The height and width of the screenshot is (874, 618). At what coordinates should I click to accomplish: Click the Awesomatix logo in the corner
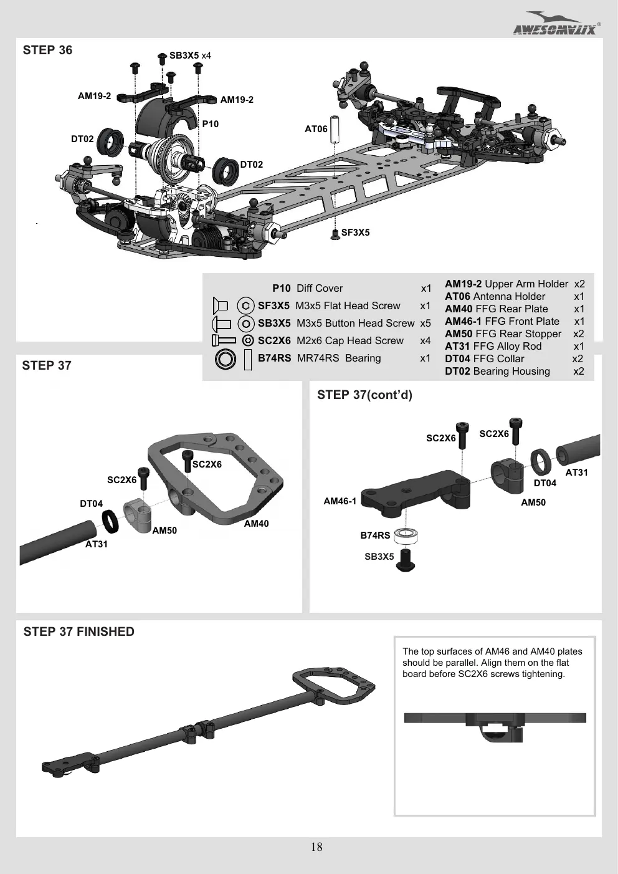(556, 24)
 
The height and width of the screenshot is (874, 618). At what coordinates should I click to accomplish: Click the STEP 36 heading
(47, 50)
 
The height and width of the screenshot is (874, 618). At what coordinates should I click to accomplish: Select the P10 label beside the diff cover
(210, 124)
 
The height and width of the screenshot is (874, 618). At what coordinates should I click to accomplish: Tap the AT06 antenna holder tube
(334, 129)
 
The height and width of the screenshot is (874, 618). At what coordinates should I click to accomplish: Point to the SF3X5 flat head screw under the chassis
(335, 234)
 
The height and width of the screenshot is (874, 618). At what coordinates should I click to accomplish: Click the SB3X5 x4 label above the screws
(190, 55)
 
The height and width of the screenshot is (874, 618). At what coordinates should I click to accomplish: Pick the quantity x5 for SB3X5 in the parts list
(425, 324)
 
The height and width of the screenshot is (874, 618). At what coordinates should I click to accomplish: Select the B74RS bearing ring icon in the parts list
(226, 359)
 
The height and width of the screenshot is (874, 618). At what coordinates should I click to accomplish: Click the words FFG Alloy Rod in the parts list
(507, 346)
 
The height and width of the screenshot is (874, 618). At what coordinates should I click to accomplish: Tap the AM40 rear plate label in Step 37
(256, 524)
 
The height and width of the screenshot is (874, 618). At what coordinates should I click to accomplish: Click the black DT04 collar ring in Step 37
(110, 521)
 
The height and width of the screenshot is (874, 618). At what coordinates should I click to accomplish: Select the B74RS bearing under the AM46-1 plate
(406, 536)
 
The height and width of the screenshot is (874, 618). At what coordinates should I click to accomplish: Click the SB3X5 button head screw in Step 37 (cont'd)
(406, 560)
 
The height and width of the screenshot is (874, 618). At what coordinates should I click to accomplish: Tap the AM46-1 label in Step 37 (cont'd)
(340, 501)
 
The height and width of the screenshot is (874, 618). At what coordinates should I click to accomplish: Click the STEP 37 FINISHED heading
(78, 631)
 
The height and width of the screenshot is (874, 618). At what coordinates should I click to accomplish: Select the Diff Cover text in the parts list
(320, 289)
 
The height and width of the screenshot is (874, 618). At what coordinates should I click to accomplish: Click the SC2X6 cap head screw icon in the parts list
(224, 340)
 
